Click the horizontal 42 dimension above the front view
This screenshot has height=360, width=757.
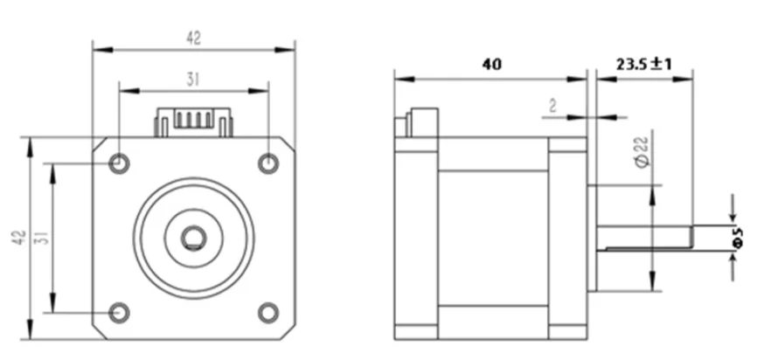(193, 38)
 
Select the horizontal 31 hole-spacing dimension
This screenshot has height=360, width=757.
(193, 79)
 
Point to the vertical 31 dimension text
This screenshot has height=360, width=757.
(40, 238)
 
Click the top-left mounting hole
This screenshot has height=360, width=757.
(119, 163)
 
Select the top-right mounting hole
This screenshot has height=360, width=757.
(268, 163)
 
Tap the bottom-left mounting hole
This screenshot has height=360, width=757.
(119, 311)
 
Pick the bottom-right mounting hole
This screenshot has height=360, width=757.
(268, 311)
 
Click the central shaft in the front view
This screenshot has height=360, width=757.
(193, 237)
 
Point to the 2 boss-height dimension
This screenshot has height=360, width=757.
(552, 106)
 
